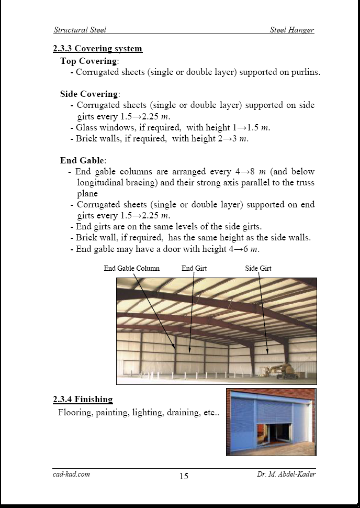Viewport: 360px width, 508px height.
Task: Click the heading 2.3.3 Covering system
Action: [x=97, y=49]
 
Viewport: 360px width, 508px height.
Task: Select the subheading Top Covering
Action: [x=89, y=61]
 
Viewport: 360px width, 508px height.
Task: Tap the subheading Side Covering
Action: [x=89, y=94]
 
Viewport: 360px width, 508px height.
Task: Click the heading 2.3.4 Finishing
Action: [x=83, y=400]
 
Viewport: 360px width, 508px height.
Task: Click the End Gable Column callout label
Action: [x=131, y=269]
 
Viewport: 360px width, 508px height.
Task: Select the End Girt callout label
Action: [x=194, y=269]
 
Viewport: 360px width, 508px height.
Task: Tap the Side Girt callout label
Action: [x=258, y=269]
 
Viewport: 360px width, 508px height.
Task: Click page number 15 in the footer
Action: [x=184, y=476]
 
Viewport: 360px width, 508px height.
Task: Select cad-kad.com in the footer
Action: [x=71, y=474]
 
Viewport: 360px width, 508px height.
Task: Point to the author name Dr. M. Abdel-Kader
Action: [x=286, y=474]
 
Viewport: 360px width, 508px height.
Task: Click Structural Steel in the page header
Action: [x=80, y=30]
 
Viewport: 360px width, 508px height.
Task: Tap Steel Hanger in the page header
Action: [x=292, y=30]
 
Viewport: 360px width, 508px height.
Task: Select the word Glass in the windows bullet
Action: [x=86, y=127]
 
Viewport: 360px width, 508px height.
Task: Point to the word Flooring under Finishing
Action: [x=75, y=412]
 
